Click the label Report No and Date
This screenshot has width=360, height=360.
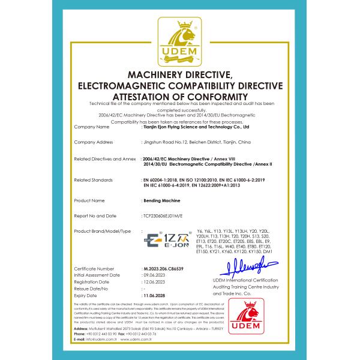click(95, 214)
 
